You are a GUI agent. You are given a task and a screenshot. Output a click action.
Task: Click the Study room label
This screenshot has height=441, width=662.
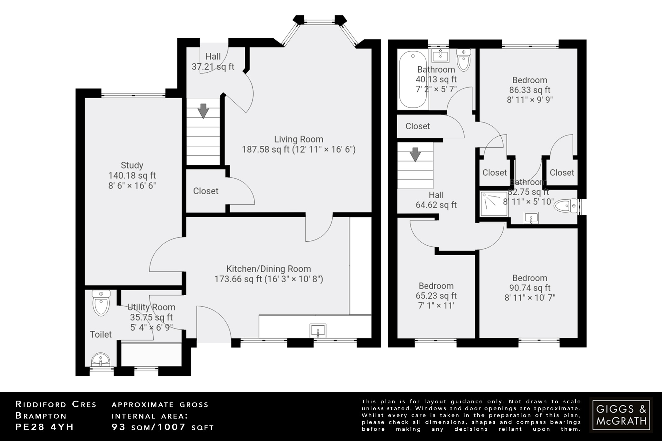coord(132,165)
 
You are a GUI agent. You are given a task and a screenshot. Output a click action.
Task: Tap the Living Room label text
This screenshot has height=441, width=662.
coord(299,139)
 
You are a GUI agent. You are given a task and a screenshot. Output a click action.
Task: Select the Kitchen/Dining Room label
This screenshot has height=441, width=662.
coord(268,269)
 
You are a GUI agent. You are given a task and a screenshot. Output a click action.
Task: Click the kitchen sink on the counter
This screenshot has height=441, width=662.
coord(318,331)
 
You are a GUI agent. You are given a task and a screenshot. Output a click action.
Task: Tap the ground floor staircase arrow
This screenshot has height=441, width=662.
coord(203,110)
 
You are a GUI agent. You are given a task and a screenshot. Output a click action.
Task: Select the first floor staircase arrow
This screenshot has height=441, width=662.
coord(415,154)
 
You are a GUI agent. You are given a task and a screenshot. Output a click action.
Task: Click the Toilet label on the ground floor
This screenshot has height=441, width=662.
coord(101,334)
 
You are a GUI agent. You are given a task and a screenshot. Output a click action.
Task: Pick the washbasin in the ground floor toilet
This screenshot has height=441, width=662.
coord(101,360)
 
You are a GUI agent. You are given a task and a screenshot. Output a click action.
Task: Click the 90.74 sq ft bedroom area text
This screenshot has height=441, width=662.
coord(529,288)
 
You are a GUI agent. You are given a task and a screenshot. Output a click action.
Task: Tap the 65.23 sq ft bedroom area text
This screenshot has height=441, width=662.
coord(436,296)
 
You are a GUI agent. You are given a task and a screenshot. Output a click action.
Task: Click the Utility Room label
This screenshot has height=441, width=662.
coord(151,307)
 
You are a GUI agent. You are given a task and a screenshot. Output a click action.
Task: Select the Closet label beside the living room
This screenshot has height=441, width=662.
coord(206,191)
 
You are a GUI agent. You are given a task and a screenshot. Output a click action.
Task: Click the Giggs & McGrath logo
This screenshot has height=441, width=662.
coord(621,415)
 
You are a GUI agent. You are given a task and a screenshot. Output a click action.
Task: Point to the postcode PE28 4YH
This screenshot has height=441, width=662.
coord(45,427)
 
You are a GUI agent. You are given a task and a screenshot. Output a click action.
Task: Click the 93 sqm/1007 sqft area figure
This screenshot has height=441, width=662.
coord(163,427)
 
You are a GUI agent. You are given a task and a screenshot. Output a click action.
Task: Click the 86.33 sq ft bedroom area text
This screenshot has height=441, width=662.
coord(529,90)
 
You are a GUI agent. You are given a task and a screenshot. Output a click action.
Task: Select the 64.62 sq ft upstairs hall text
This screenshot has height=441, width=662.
coord(436,205)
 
